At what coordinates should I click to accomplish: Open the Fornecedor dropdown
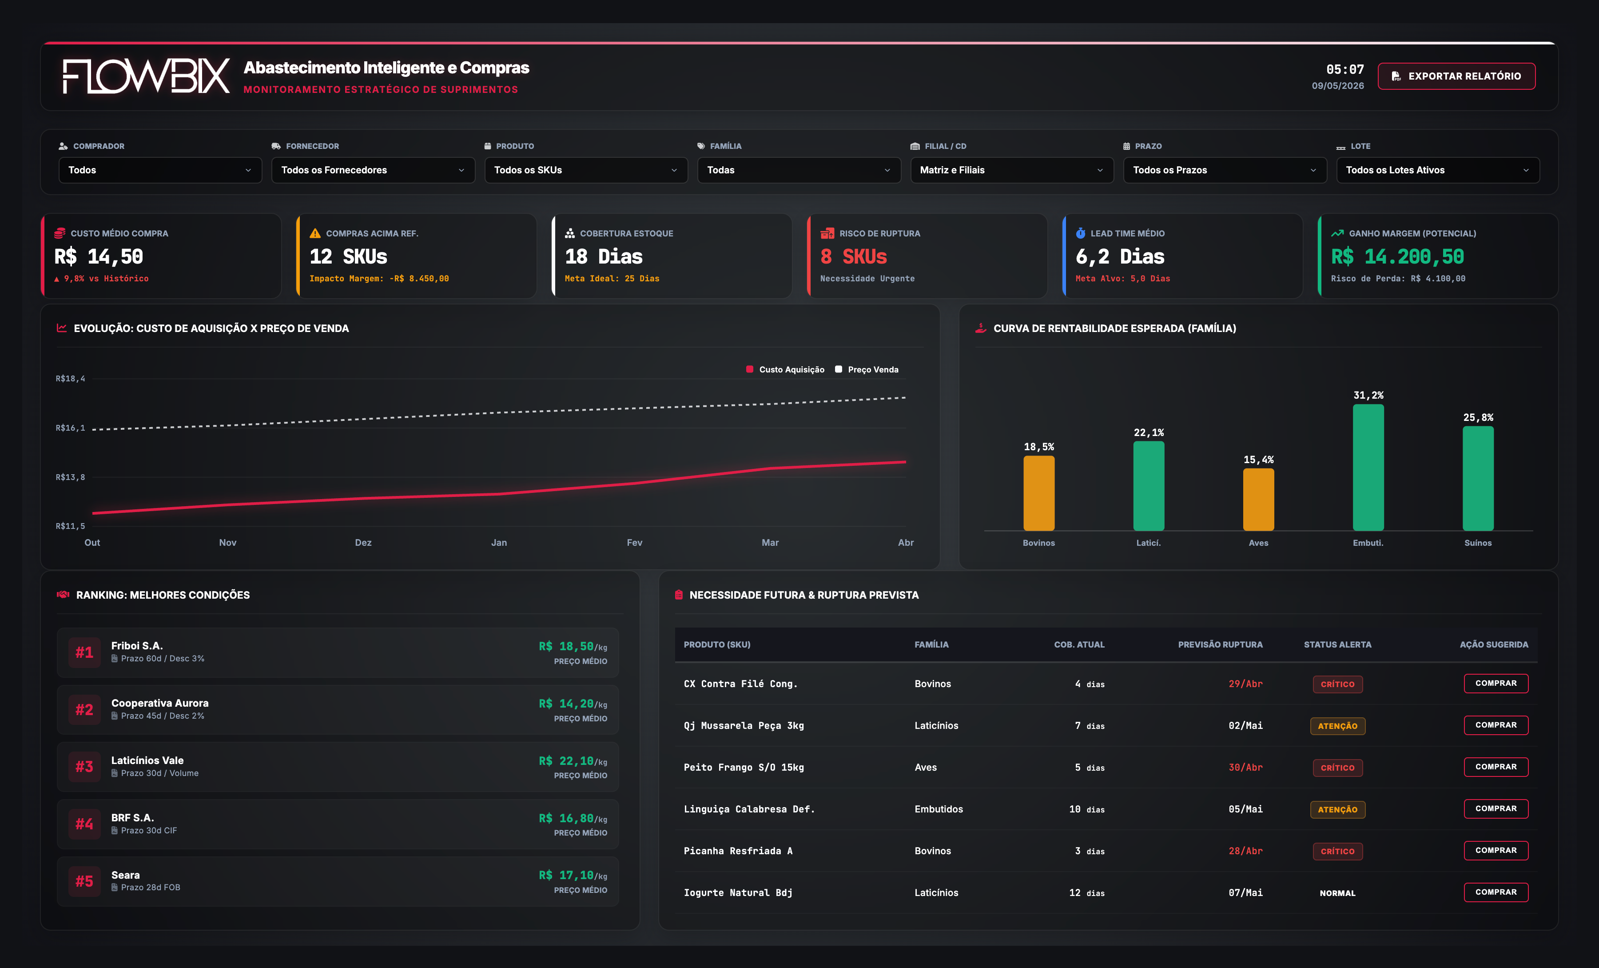(373, 170)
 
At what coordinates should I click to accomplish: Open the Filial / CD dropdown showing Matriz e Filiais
(1012, 170)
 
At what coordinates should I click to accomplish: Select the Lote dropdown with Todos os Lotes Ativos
(1437, 170)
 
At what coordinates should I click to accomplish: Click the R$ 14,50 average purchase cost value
(99, 256)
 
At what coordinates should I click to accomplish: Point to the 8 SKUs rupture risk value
(853, 256)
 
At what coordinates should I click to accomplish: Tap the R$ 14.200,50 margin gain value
(1397, 256)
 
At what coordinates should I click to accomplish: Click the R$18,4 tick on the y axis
(70, 379)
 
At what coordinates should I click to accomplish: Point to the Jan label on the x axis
(499, 543)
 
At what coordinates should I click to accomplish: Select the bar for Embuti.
(1368, 468)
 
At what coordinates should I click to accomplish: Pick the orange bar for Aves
(1258, 499)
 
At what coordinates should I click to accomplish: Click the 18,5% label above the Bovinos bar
(1039, 447)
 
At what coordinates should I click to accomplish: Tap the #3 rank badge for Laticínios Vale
(84, 767)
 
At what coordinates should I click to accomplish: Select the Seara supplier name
(125, 875)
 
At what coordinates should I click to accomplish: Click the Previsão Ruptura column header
(1220, 645)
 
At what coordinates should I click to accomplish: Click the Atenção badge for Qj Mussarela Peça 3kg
(1337, 726)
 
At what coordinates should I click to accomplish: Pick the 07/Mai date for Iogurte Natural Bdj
(1245, 893)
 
